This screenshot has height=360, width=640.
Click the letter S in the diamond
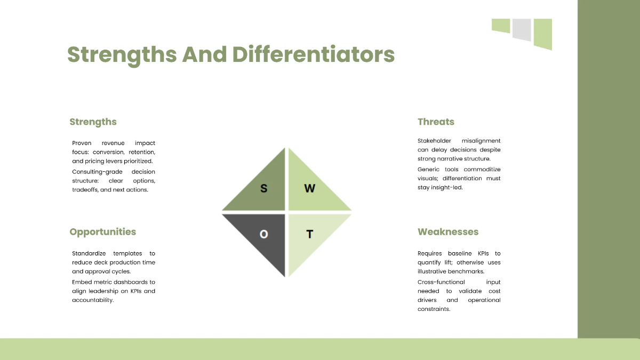(263, 188)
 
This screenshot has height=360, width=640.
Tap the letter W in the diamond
(309, 188)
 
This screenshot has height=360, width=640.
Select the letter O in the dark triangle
(263, 234)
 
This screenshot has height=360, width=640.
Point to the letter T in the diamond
(309, 234)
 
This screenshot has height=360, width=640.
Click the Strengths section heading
(93, 122)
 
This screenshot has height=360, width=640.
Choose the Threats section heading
(436, 122)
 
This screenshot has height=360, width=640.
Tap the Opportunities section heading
(102, 232)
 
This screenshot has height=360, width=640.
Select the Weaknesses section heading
(448, 232)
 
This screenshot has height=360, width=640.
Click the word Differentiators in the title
(314, 55)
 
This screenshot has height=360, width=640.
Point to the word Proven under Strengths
(82, 143)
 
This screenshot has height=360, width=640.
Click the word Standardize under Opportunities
(89, 253)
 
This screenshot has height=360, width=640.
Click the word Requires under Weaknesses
(429, 253)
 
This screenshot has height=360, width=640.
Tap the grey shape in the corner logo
(522, 29)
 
